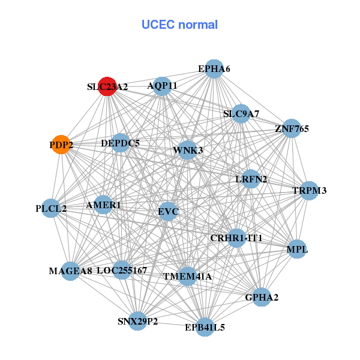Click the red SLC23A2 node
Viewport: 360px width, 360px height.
[x=107, y=86]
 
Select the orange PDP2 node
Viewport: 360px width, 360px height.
[x=61, y=145]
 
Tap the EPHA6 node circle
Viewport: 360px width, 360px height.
[x=214, y=69]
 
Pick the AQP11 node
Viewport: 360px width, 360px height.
[x=162, y=86]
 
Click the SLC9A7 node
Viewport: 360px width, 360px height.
[x=241, y=113]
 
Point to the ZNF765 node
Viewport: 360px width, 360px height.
[x=292, y=128]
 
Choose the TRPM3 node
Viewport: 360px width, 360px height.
[x=309, y=191]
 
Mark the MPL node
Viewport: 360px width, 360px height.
[x=298, y=249]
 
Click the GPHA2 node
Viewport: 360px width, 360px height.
[x=262, y=297]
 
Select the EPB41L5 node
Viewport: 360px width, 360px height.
[x=205, y=327]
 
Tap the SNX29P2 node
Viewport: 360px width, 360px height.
[x=138, y=321]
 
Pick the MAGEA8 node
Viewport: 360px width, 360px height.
[x=71, y=271]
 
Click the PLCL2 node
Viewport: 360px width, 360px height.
[x=51, y=209]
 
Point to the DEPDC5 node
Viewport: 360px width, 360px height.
[x=121, y=143]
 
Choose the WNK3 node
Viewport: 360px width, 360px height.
[x=188, y=149]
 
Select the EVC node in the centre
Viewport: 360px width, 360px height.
[x=168, y=211]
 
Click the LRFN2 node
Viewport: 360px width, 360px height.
[x=251, y=179]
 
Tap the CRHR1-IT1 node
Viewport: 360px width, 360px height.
[x=236, y=238]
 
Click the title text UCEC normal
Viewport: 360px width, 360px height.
[x=179, y=25]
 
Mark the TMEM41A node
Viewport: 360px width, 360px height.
[x=187, y=276]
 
